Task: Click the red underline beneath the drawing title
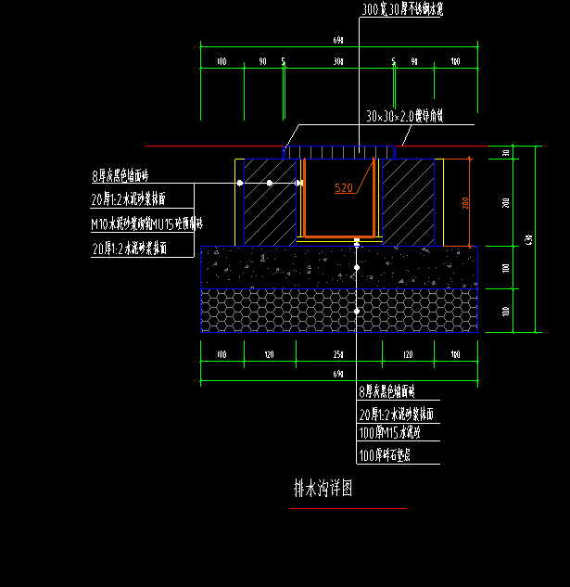click(x=348, y=508)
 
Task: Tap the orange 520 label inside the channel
click(x=344, y=187)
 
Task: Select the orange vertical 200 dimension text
click(x=466, y=201)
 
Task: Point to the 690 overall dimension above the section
click(x=337, y=40)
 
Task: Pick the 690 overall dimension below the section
click(x=337, y=372)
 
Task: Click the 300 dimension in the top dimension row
click(x=338, y=61)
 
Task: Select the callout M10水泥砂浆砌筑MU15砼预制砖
click(x=146, y=224)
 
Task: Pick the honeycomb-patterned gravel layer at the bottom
click(x=278, y=310)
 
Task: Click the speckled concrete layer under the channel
click(x=278, y=267)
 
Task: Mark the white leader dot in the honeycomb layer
click(x=357, y=311)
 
